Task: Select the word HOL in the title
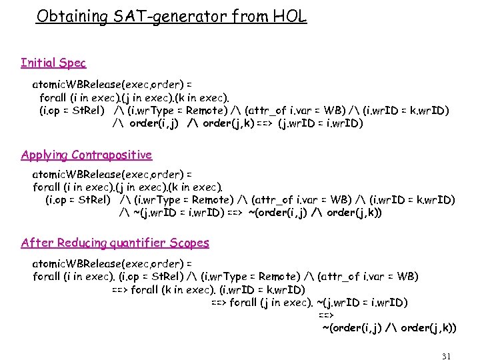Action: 289,16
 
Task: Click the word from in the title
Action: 252,16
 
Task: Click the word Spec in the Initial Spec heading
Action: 72,63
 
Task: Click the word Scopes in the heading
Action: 189,243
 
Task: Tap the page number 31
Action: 446,356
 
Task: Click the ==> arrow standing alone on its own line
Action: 326,315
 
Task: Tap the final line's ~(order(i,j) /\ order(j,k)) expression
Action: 389,327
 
